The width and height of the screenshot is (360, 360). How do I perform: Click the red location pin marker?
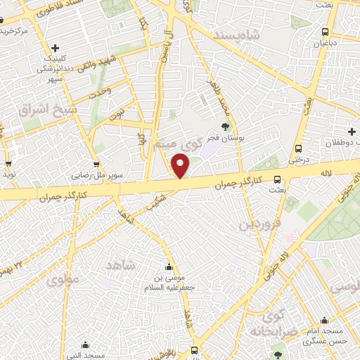181,166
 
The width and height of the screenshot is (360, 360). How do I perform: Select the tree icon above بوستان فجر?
225,127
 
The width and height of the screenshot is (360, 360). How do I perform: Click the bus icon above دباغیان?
324,32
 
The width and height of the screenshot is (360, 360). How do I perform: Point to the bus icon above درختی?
299,149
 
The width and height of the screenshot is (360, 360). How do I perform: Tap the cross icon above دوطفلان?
352,131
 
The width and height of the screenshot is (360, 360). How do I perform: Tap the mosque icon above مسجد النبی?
86,345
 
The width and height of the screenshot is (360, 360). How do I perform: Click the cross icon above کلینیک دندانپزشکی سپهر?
55,47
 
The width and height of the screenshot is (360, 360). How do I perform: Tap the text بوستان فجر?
224,139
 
